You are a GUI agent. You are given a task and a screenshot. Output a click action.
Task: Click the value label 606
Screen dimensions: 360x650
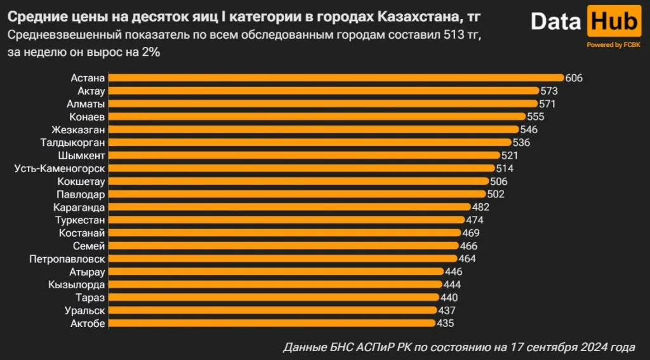click(574, 78)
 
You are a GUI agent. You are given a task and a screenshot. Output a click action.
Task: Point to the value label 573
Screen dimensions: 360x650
click(548, 91)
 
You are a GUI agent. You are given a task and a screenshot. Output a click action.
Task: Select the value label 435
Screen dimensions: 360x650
click(446, 323)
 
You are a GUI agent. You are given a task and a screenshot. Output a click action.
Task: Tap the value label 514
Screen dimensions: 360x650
click(505, 168)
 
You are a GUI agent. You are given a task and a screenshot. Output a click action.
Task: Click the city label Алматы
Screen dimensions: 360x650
click(86, 104)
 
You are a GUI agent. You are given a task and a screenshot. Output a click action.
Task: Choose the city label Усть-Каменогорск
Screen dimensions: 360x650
click(60, 168)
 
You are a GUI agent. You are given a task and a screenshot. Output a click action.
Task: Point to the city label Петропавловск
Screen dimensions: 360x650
click(67, 258)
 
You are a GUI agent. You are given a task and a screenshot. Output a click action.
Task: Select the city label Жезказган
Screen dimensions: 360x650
click(76, 130)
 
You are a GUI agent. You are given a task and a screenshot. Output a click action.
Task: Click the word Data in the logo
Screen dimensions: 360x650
click(556, 22)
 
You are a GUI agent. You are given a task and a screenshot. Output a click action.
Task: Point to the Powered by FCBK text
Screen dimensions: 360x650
click(613, 45)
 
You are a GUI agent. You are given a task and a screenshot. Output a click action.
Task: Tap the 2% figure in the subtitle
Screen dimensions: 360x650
click(150, 53)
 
